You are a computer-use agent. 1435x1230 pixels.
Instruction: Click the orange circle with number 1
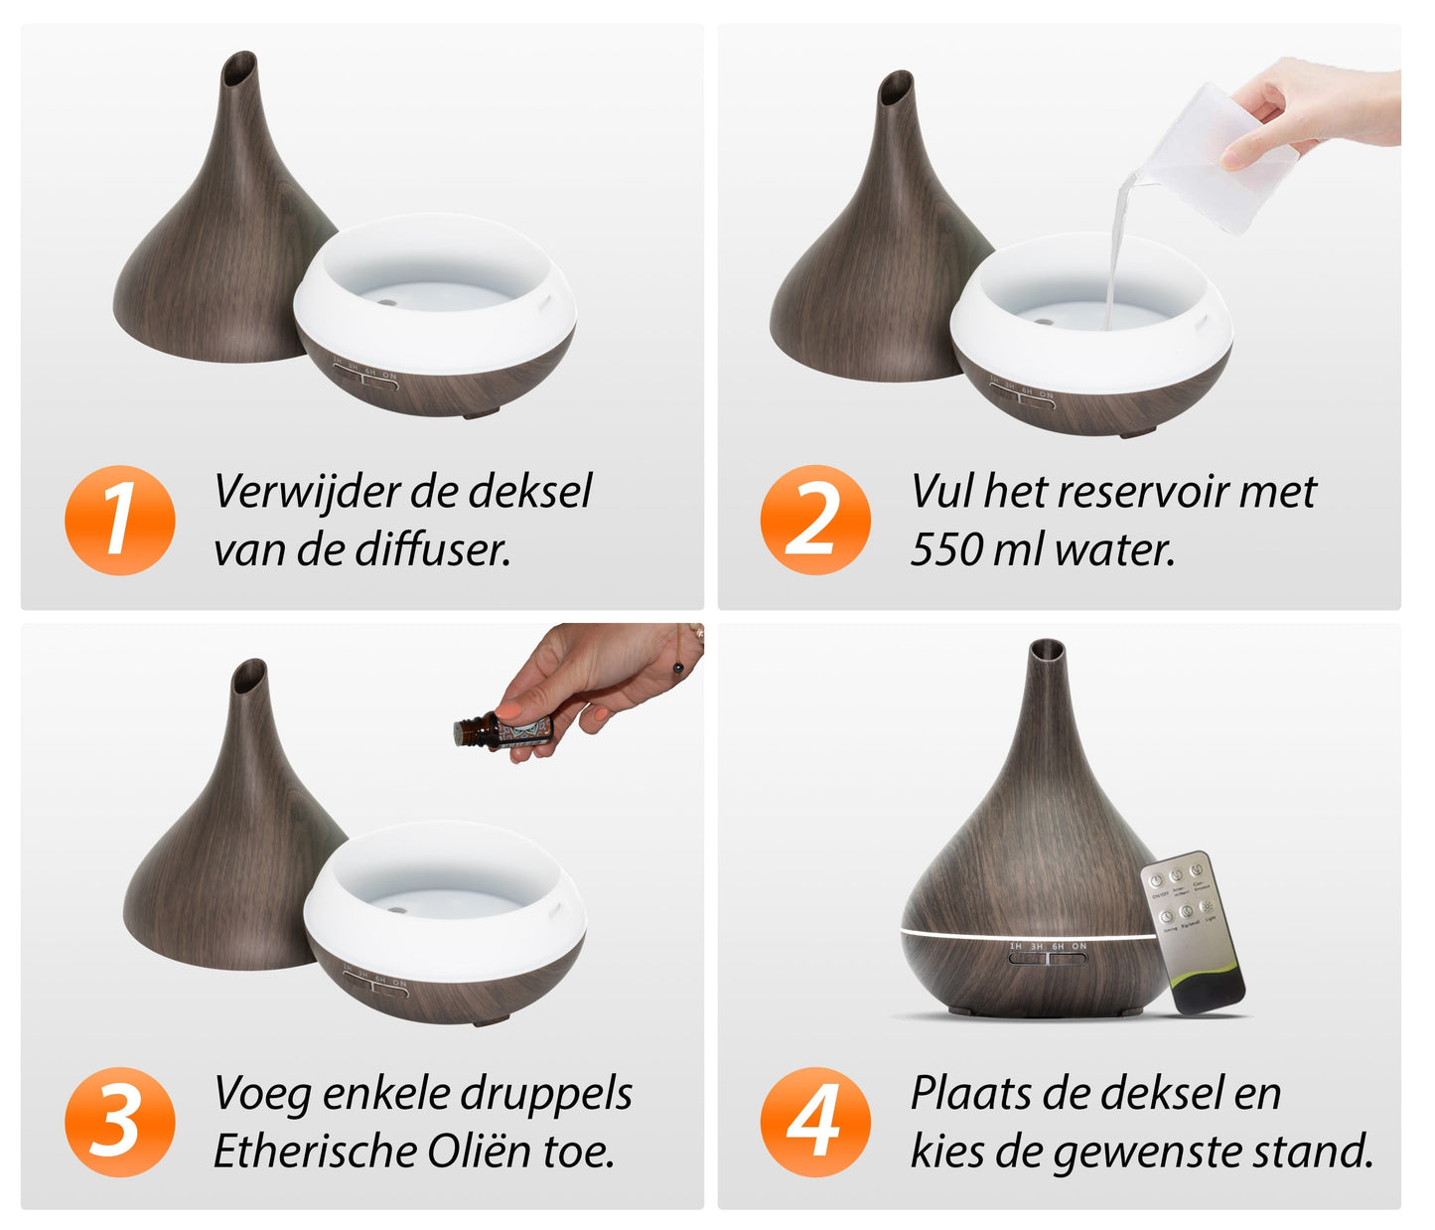tap(120, 520)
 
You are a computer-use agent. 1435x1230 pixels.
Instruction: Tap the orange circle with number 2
tap(815, 520)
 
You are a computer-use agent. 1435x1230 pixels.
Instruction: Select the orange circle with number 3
tap(120, 1122)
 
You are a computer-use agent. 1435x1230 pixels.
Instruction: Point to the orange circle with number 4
tap(815, 1122)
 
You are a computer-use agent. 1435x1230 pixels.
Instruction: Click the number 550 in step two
tap(946, 549)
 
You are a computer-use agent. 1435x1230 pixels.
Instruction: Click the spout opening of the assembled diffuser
tap(1047, 650)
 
